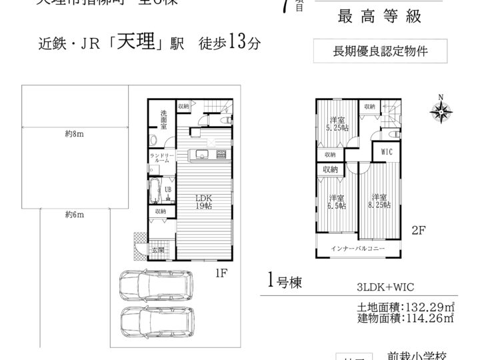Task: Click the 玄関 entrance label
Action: (x=157, y=250)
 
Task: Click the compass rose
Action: (x=440, y=111)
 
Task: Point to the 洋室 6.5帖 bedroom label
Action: (x=336, y=202)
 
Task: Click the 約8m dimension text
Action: (x=73, y=134)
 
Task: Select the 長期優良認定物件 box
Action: (x=379, y=50)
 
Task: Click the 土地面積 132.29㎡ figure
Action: (x=405, y=307)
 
